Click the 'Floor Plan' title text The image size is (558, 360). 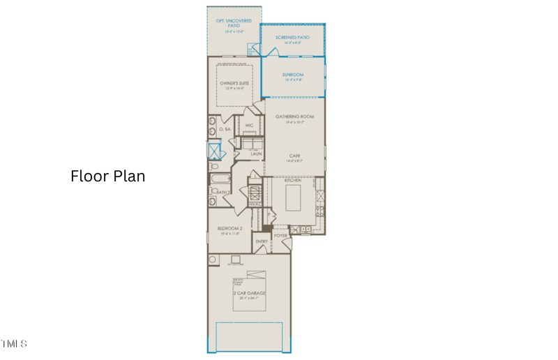pos(108,176)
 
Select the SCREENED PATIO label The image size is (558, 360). pos(292,36)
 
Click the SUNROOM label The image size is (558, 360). pos(293,74)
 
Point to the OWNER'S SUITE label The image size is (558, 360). pos(234,83)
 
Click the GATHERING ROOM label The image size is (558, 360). pos(294,117)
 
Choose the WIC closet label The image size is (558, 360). pos(249,126)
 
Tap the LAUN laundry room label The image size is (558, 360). pos(256,153)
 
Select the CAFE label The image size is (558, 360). pos(295,156)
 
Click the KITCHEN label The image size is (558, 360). pos(292,181)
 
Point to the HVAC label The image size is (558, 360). pos(255,204)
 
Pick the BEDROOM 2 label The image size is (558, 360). pos(230,229)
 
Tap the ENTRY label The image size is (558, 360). pos(262,242)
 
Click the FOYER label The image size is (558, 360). pos(280,236)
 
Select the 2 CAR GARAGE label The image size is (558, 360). pos(249,293)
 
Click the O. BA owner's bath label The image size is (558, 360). pos(225,130)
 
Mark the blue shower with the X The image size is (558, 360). pos(214,151)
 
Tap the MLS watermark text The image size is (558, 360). pos(14,344)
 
